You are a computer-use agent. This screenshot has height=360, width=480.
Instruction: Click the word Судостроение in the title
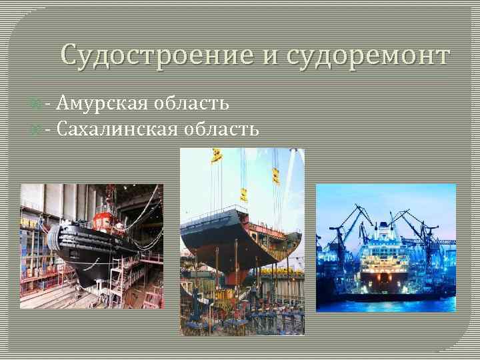[x=158, y=55]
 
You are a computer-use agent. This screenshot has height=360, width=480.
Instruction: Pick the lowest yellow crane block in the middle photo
[x=244, y=195]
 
